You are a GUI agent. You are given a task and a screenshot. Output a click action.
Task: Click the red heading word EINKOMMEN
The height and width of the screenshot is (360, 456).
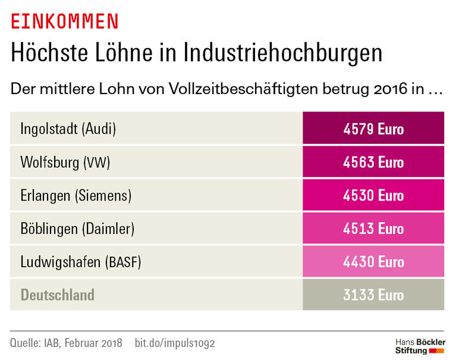pos(65,21)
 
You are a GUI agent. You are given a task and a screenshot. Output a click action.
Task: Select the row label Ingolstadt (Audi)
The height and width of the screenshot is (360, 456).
pos(68,129)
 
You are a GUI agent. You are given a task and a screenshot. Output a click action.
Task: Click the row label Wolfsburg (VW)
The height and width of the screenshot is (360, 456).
pos(65,162)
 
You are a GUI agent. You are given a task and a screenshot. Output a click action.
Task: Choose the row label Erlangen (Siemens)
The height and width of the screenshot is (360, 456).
pos(76,196)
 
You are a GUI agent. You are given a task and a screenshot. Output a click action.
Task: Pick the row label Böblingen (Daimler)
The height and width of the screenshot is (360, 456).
pos(77,228)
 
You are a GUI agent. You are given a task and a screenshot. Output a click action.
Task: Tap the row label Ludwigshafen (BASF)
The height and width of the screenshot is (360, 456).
pos(81,262)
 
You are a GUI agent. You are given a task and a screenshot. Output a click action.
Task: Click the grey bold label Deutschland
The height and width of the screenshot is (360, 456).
pos(57,295)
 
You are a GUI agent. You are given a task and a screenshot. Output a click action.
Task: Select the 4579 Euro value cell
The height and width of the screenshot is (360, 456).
pos(373,129)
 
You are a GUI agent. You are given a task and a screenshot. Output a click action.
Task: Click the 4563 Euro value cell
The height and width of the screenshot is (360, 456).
pos(373,162)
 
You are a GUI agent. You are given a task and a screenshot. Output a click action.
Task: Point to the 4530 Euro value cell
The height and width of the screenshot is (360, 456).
pos(373,196)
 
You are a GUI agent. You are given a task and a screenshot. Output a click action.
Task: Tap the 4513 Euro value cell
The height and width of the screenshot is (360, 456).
pos(373,228)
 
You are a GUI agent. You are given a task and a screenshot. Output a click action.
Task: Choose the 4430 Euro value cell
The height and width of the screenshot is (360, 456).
pos(373,262)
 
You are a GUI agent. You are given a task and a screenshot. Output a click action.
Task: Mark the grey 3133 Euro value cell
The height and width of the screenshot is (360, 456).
pos(373,295)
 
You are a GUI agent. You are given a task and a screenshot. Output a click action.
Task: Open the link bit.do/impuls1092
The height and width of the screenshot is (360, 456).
pos(175,343)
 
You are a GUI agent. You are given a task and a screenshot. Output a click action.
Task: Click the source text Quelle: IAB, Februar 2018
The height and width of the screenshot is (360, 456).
pos(66,343)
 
